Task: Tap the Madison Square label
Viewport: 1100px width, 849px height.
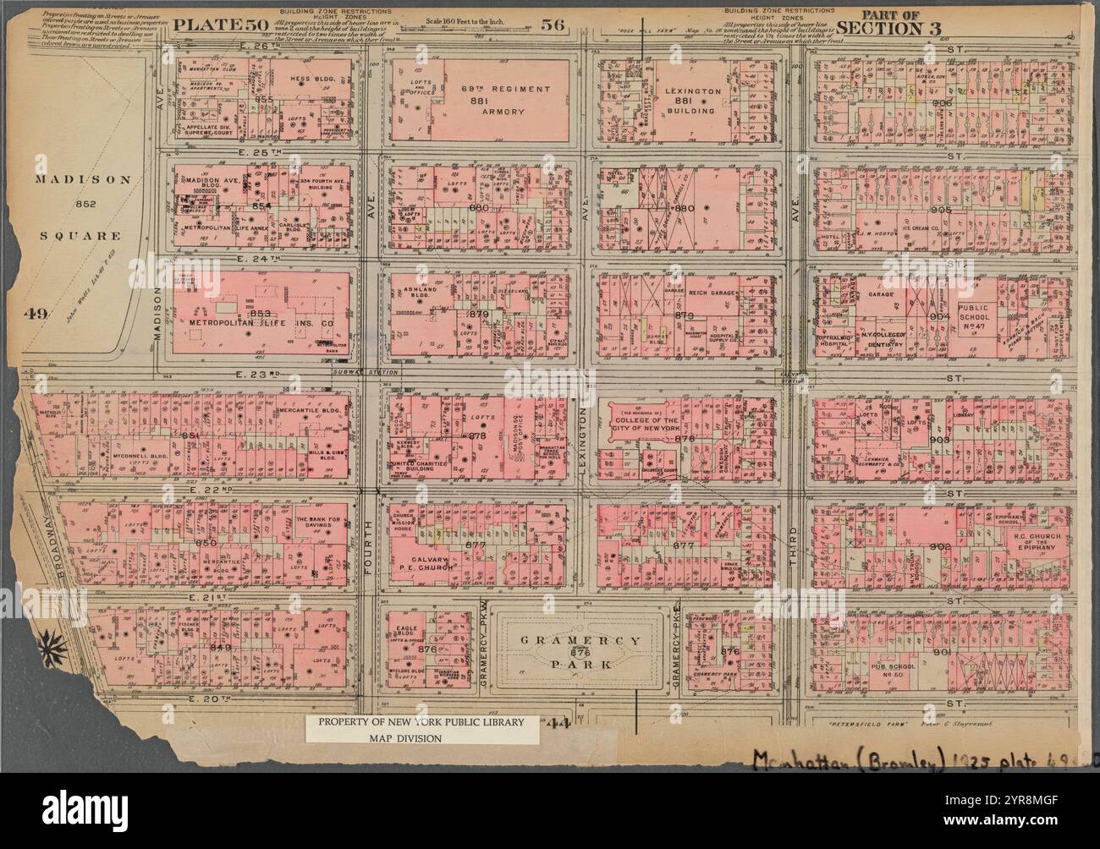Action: (x=83, y=207)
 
